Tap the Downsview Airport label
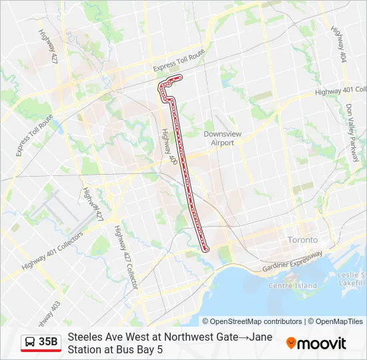[x=218, y=138]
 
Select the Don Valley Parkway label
[x=352, y=132]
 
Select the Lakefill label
[x=356, y=283]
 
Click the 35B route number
[x=48, y=342]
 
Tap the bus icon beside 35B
[x=30, y=342]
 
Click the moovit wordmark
[x=322, y=343]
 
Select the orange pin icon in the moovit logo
[x=291, y=343]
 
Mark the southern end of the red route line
[x=206, y=249]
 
